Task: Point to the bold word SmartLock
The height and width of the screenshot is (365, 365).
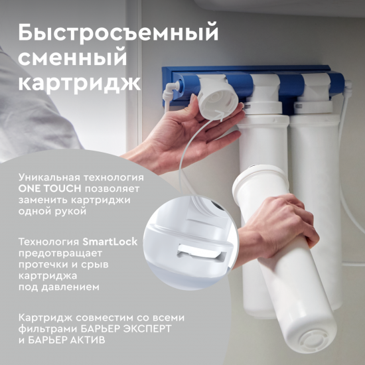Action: (x=110, y=242)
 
